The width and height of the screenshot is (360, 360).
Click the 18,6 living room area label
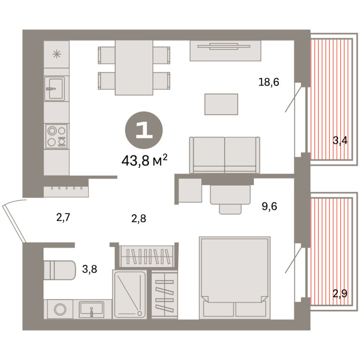[x=269, y=82]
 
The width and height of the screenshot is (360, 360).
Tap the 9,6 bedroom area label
[x=270, y=206]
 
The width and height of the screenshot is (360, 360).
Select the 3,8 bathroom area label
[x=90, y=269]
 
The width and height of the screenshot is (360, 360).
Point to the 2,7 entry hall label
[x=63, y=217]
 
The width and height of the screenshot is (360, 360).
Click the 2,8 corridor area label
[x=139, y=218]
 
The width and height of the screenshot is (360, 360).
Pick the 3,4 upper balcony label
[x=340, y=140]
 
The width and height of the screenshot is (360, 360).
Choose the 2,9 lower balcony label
[x=340, y=293]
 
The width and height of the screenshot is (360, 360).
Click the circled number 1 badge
[x=144, y=130]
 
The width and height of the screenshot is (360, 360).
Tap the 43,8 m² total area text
[x=144, y=160]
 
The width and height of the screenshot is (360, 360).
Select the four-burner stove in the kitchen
[x=56, y=136]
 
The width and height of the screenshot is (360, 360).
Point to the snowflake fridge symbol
[x=57, y=54]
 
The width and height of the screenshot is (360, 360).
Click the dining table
[x=134, y=67]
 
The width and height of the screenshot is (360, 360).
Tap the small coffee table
[x=221, y=104]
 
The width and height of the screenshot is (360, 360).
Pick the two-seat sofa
[x=225, y=155]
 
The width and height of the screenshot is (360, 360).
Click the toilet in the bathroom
[x=60, y=270]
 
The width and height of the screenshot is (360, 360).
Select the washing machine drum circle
[x=60, y=309]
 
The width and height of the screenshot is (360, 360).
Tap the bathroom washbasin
[x=91, y=309]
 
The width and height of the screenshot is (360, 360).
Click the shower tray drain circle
[x=139, y=313]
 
